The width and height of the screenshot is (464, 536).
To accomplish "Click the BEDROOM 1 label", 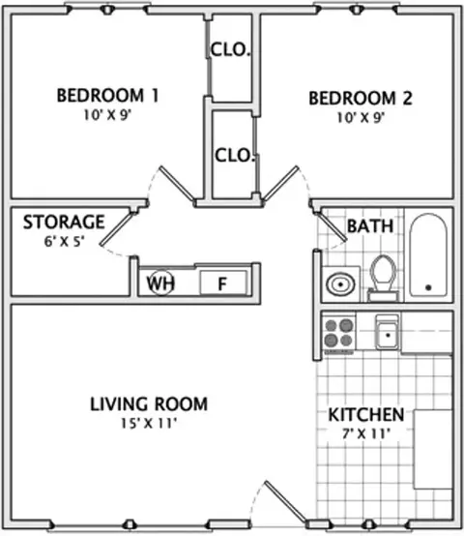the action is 107,96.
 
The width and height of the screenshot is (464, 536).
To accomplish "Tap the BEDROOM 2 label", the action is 361,98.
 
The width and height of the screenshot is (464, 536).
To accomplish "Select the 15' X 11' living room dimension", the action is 149,424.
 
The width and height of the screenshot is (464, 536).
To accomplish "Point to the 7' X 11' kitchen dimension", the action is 366,433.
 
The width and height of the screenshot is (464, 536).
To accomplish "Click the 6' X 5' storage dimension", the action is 64,242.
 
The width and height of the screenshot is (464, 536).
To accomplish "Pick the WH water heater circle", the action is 160,283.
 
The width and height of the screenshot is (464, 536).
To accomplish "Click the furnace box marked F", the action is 223,283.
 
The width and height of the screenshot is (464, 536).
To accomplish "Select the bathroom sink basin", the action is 340,283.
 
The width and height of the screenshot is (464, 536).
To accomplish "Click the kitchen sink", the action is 388,332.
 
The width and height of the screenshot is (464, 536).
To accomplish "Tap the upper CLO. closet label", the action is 230,49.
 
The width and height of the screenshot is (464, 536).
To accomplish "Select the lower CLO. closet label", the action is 235,155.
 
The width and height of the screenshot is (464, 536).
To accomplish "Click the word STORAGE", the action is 64,222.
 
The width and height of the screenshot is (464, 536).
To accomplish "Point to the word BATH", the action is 370,226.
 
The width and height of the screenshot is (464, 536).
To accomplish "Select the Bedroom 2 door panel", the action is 280,183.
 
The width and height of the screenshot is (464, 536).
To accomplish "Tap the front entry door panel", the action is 285,502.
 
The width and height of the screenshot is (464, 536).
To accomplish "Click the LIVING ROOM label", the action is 149,403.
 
